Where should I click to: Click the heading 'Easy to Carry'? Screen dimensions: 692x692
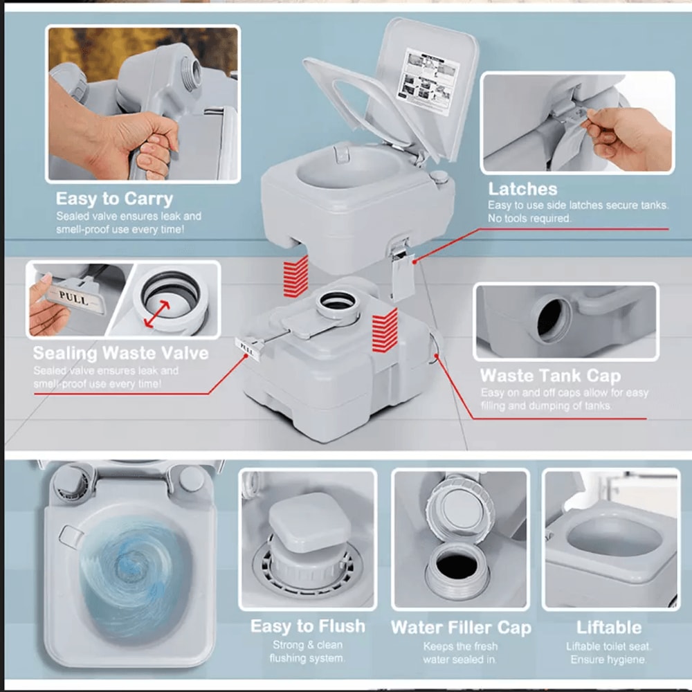[x=114, y=199]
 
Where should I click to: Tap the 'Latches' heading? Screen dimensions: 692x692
[x=522, y=189]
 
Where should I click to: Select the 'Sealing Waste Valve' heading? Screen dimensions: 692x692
[x=120, y=353]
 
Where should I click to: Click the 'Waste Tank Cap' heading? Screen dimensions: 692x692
[x=550, y=376]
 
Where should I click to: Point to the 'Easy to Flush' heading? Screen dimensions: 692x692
[x=307, y=626]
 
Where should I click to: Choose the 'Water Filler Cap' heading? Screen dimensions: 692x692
[x=461, y=628]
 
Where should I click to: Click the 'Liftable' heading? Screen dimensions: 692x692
[x=609, y=628]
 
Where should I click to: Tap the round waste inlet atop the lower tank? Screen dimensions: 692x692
[x=338, y=302]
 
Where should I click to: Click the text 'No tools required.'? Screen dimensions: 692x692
[x=529, y=218]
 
